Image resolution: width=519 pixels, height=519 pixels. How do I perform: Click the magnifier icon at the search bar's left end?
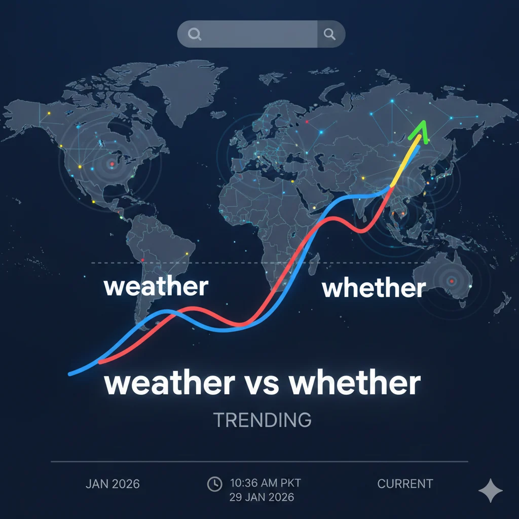pos(194,34)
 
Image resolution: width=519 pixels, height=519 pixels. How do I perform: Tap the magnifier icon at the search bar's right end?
pos(330,34)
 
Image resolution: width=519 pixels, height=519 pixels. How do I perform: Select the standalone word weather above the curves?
pos(156,287)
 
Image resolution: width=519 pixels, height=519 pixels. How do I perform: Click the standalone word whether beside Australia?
pos(374,288)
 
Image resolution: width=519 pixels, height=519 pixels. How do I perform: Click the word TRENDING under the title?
pos(262,420)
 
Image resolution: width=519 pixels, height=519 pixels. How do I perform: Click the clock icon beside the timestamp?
pos(214,484)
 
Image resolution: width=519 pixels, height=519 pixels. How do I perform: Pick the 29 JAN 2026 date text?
pos(262,497)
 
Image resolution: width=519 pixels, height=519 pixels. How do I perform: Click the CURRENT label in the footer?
pos(405,484)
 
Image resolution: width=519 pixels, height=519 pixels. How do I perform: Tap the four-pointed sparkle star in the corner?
pos(491,490)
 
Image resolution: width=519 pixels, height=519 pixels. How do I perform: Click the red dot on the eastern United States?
pos(112,163)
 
